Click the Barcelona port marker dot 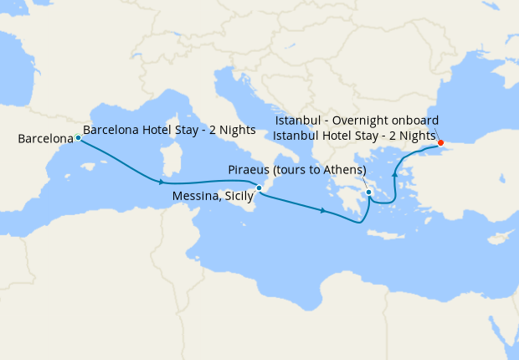(78, 138)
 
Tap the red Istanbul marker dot (440, 143)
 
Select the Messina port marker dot (259, 188)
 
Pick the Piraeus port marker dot (368, 193)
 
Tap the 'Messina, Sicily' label (213, 196)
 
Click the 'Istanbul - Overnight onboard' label (356, 121)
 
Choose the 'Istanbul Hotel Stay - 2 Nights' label (354, 135)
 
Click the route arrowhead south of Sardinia (158, 182)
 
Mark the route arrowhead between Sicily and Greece (323, 210)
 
